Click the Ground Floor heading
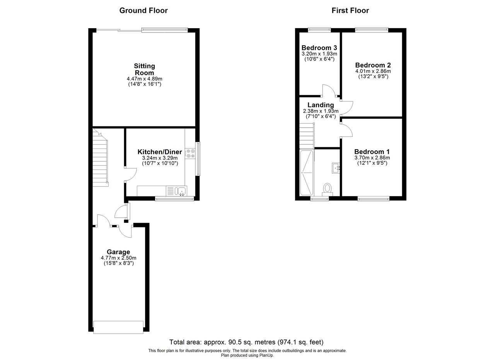tap(143, 10)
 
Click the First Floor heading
tap(350, 10)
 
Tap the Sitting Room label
tap(145, 69)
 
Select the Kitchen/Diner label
tap(160, 152)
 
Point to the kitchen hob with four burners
tap(191, 154)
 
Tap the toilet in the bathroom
tap(327, 189)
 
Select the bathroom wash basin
tap(336, 168)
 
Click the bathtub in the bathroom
tap(307, 172)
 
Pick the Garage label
tap(118, 252)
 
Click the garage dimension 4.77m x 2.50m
tap(118, 258)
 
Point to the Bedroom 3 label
tap(319, 48)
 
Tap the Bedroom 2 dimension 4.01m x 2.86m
tap(373, 71)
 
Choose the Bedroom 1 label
tap(372, 152)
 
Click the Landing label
tap(321, 105)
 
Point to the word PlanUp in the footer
tap(267, 355)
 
